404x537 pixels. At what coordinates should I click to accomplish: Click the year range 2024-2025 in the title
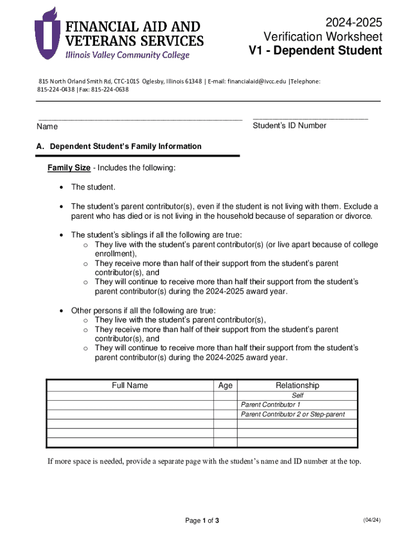click(x=354, y=23)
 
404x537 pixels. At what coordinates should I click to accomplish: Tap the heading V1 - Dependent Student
click(x=315, y=51)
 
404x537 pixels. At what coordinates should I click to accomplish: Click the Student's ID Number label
click(x=289, y=125)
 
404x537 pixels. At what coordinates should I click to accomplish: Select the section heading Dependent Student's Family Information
click(x=125, y=146)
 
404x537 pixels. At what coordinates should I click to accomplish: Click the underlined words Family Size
click(x=69, y=168)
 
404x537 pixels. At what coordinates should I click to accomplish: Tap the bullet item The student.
click(x=93, y=187)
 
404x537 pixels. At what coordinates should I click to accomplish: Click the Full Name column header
click(x=130, y=385)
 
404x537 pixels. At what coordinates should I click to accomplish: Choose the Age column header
click(x=225, y=385)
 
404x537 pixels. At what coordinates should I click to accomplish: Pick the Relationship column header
click(x=297, y=385)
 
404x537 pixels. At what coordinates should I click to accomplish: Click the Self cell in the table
click(x=297, y=395)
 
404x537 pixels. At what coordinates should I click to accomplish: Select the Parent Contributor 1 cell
click(x=270, y=405)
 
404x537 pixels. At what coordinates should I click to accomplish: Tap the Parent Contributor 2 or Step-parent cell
click(x=292, y=414)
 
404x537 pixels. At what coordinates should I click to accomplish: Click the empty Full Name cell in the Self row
click(x=130, y=395)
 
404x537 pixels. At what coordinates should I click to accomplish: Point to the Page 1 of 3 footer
click(x=202, y=521)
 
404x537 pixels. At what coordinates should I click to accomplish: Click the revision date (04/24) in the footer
click(x=371, y=520)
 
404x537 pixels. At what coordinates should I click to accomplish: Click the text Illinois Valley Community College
click(x=127, y=55)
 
